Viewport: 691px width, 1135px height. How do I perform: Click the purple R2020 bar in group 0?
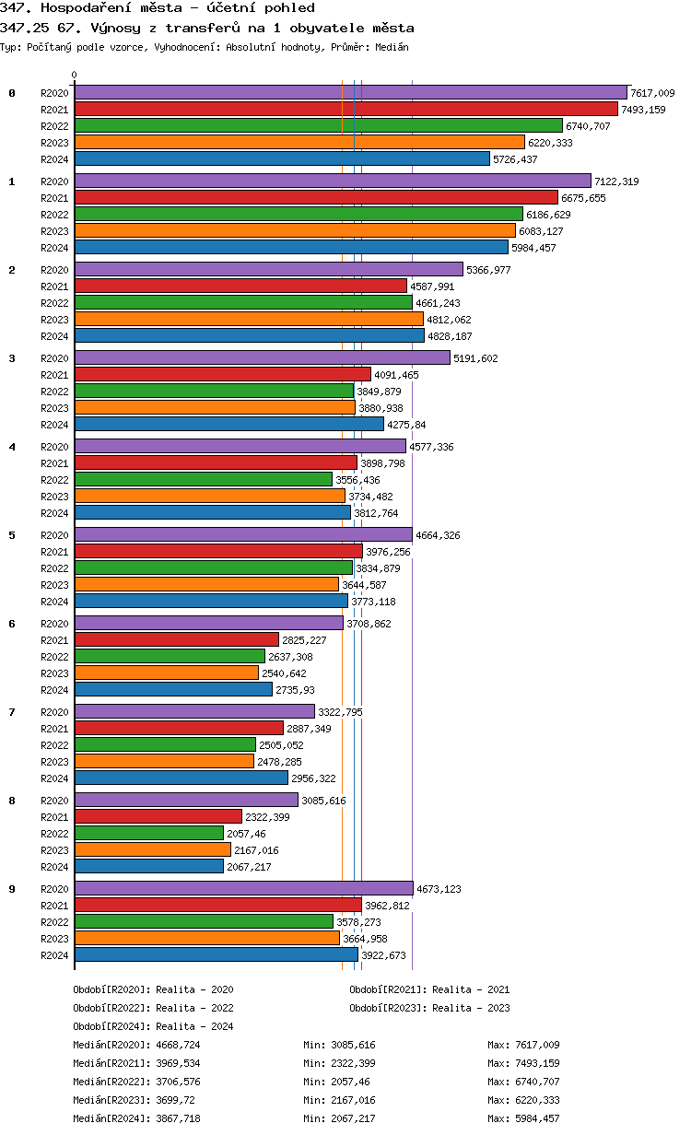(350, 92)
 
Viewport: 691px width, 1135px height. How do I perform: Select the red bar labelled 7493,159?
(345, 109)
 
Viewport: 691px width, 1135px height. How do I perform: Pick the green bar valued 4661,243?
(243, 302)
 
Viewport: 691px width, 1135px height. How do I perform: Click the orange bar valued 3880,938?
(215, 407)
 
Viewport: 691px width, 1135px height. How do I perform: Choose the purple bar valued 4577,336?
(240, 446)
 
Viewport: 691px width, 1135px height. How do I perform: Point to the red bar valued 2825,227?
(176, 639)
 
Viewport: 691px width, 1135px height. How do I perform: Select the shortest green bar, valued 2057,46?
(148, 833)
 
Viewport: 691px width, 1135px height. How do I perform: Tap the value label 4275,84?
(406, 425)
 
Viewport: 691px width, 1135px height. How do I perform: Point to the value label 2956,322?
(313, 778)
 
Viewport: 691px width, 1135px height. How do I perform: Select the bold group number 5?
(12, 535)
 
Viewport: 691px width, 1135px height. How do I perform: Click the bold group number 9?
(12, 889)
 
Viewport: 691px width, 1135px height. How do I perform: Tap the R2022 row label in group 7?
(54, 745)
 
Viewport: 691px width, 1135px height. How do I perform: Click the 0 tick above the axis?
(75, 76)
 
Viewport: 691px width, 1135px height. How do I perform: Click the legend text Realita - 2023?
(471, 1008)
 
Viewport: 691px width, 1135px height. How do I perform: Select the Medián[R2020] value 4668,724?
(179, 1045)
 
